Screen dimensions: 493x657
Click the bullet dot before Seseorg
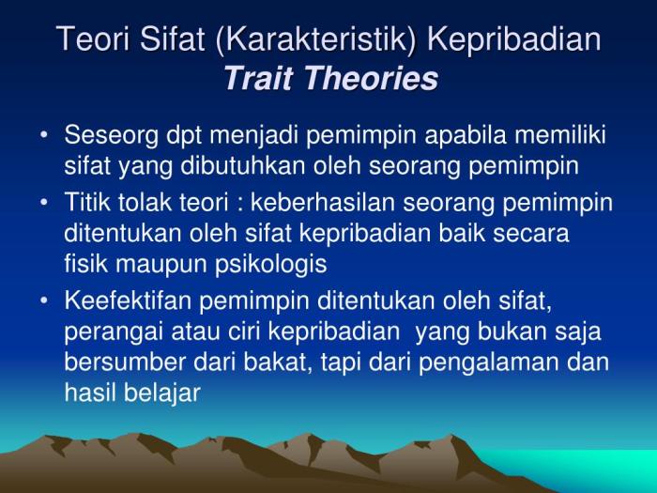[x=46, y=135]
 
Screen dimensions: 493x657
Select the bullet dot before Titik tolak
[x=46, y=201]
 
